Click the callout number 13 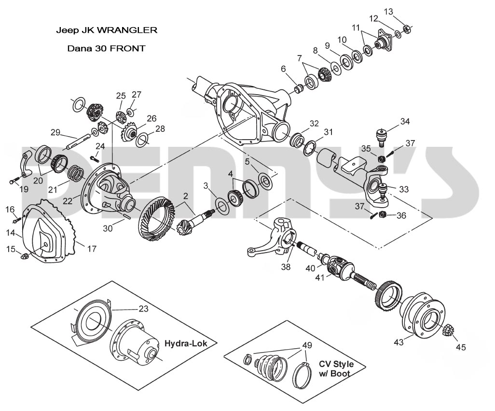click(388, 12)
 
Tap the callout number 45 click(461, 347)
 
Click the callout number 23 click(143, 309)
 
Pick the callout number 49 click(306, 345)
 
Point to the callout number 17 click(91, 249)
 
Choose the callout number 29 click(55, 132)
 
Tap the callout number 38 click(286, 266)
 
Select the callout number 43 click(399, 342)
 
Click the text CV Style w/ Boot click(336, 368)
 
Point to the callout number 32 click(314, 124)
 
